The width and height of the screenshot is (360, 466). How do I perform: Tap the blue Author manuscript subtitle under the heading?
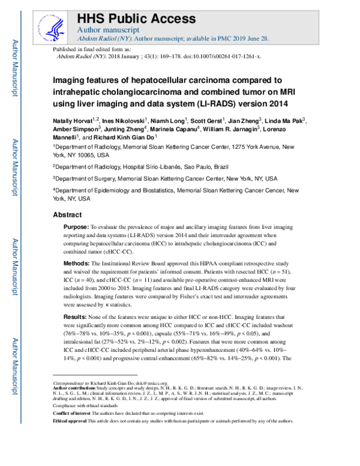(109, 29)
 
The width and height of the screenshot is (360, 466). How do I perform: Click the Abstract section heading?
(67, 214)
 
